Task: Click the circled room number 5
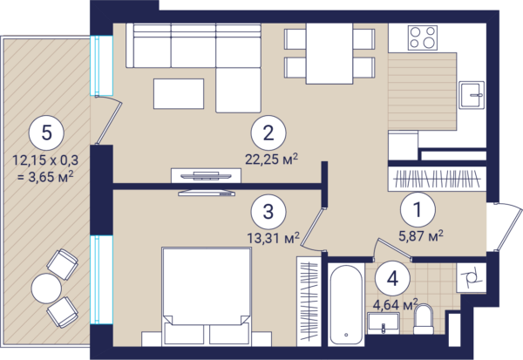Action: (47, 132)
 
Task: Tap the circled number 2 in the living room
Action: (268, 132)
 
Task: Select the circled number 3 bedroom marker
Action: (268, 211)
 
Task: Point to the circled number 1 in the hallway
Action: (418, 209)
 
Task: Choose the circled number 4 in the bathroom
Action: (392, 278)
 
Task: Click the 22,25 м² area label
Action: (271, 160)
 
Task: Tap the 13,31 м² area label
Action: (273, 238)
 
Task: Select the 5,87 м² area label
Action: (421, 236)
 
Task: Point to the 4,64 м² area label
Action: (395, 304)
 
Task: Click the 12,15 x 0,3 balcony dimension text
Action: (45, 160)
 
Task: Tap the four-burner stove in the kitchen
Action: (423, 37)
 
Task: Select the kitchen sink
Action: (472, 95)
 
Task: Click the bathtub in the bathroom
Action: (346, 305)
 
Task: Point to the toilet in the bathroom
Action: (424, 319)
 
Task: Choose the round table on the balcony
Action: (46, 289)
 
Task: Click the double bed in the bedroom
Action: (206, 296)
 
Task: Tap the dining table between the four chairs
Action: (329, 53)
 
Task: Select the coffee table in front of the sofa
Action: (179, 94)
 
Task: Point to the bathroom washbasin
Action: (384, 323)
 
